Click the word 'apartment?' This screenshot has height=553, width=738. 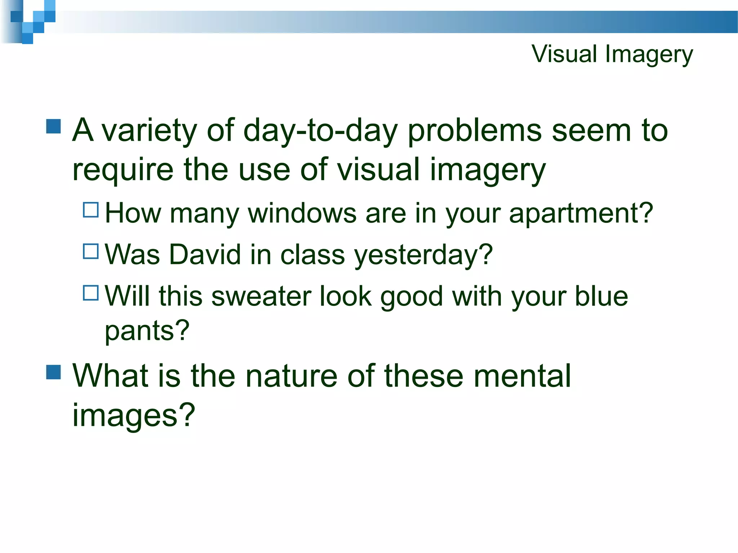click(581, 214)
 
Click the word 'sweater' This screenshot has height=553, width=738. click(261, 296)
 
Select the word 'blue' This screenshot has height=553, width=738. click(601, 296)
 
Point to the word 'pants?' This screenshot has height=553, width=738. click(147, 331)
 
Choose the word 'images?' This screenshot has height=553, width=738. click(134, 415)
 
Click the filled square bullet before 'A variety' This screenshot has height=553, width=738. click(54, 126)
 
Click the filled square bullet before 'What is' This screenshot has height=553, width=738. click(54, 372)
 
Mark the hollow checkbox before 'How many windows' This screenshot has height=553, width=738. click(91, 210)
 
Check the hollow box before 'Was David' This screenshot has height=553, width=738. click(91, 251)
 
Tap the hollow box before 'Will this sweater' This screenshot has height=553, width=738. click(91, 293)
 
